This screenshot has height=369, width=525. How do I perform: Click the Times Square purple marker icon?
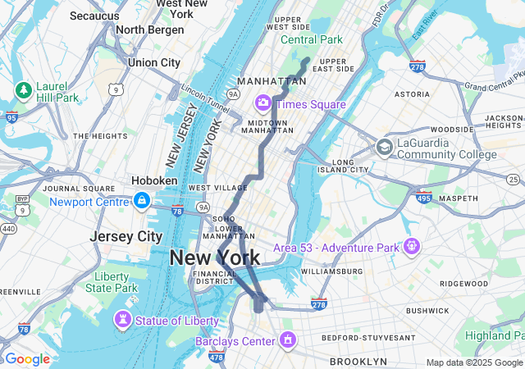click(x=263, y=103)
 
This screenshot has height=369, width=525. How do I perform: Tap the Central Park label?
click(x=312, y=39)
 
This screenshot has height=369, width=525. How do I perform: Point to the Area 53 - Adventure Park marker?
click(x=411, y=246)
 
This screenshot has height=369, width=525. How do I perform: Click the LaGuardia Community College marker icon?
click(x=383, y=148)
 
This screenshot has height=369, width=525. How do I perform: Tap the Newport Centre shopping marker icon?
click(x=142, y=201)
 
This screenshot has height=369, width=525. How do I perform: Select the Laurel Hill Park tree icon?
click(x=23, y=88)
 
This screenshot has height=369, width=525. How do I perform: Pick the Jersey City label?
click(x=126, y=236)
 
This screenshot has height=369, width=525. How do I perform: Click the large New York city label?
click(x=215, y=257)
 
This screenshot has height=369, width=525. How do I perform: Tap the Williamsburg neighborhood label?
click(x=331, y=271)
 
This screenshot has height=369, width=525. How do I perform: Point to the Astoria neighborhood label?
click(x=412, y=94)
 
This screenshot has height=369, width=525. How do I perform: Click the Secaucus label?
click(x=94, y=16)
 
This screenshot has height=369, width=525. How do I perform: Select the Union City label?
click(x=153, y=62)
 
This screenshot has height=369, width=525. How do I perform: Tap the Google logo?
click(x=27, y=359)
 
